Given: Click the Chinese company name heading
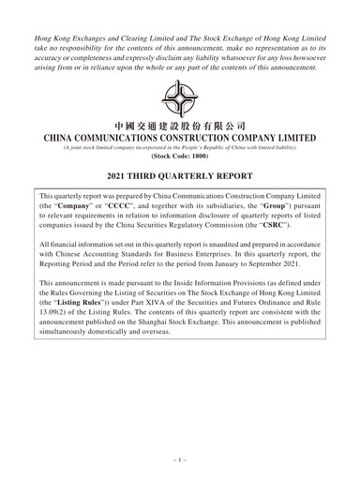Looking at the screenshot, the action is [179, 126].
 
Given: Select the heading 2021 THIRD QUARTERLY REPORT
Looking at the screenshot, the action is [179, 176].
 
